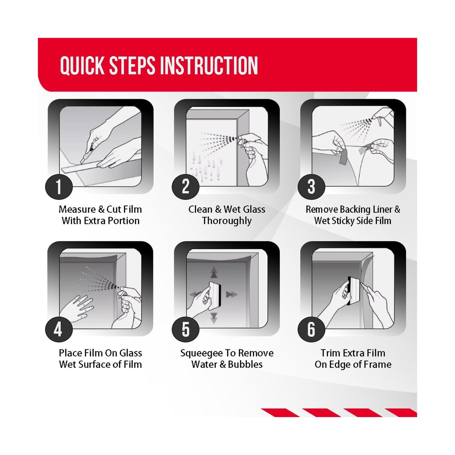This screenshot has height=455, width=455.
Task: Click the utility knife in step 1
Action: point(87,155)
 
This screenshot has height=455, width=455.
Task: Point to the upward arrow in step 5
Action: point(214,272)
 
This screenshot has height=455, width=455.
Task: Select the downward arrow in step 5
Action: point(214,318)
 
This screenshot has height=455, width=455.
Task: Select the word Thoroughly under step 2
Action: point(227,221)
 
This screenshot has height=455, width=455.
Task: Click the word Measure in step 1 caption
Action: point(77,209)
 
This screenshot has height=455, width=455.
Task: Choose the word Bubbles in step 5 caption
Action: point(245,364)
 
